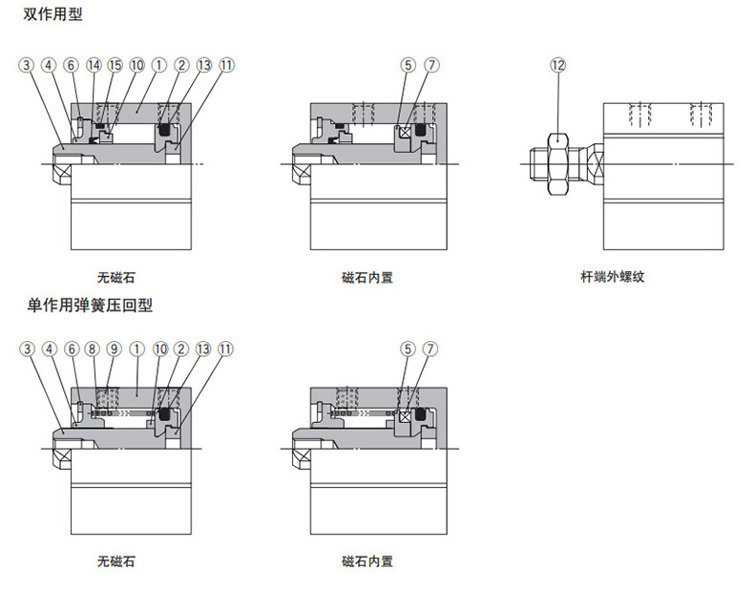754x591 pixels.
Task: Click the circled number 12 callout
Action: tap(558, 65)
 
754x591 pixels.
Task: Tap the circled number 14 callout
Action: tap(94, 65)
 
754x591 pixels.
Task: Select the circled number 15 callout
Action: tap(115, 65)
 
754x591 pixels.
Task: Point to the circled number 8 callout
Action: tap(93, 348)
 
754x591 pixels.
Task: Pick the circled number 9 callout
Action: tap(115, 348)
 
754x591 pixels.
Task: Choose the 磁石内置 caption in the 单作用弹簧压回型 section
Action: tap(367, 561)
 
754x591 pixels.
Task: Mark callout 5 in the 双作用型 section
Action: tap(408, 65)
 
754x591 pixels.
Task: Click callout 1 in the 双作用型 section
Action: tap(159, 65)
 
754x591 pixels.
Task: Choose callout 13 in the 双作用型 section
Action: tap(203, 65)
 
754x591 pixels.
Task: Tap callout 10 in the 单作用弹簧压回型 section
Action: tap(159, 348)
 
